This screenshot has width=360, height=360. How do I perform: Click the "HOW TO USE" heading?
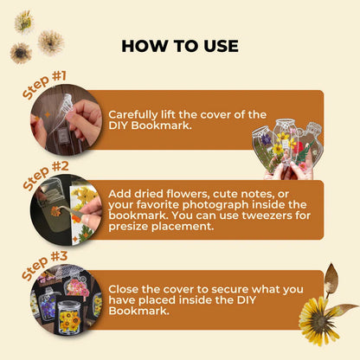[180, 46]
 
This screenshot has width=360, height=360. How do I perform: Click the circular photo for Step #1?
[66, 119]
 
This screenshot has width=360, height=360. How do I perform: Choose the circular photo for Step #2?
[66, 210]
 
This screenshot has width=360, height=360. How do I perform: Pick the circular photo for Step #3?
[66, 300]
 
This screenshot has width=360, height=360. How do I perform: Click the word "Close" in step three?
[124, 289]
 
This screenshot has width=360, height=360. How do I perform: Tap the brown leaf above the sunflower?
[331, 277]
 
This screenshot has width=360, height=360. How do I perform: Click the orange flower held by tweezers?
[55, 211]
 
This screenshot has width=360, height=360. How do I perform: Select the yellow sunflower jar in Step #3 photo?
[69, 317]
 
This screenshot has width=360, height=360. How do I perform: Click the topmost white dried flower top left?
[24, 21]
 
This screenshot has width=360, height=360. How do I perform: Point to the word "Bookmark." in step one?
[161, 126]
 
